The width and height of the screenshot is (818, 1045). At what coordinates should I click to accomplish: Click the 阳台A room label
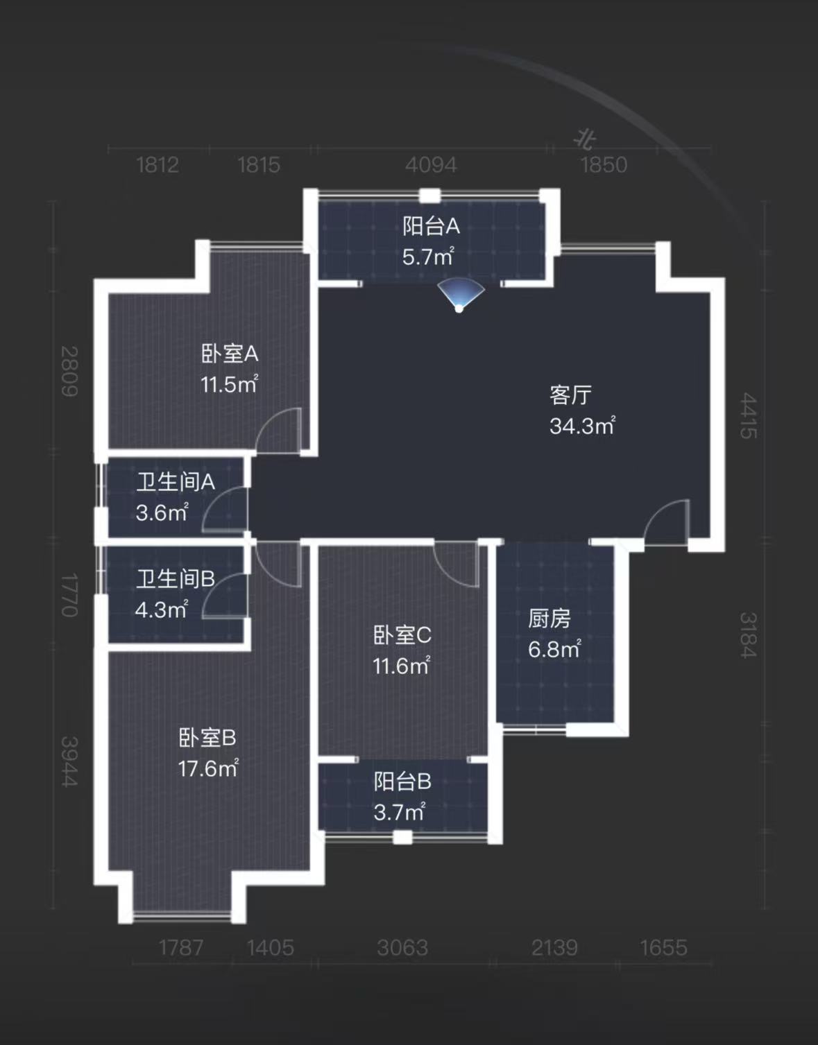pos(431,226)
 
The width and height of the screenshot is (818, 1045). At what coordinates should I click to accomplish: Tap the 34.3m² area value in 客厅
pos(582,426)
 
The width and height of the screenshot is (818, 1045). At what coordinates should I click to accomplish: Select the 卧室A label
pos(230,354)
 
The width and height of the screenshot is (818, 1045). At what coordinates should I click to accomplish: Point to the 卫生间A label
pos(176,482)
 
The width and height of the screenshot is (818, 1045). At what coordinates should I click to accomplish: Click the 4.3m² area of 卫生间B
pos(161,610)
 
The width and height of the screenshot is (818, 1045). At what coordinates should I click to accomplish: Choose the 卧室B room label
pos(207,738)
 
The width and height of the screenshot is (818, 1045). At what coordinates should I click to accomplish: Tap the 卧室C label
pos(402,635)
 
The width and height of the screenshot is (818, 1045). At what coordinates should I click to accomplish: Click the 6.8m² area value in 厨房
pos(554,650)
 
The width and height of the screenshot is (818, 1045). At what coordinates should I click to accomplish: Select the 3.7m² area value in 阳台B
pos(399,812)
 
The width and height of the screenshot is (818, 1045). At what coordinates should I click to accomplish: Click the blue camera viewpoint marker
pos(460,295)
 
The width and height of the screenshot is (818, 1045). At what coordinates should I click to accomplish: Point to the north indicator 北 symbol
pos(586,139)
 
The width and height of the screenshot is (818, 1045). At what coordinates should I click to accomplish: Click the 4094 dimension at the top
pos(431,165)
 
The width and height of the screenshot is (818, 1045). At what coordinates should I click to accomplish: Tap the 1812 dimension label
pos(157,165)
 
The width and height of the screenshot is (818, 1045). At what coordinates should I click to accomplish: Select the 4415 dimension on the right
pos(748,415)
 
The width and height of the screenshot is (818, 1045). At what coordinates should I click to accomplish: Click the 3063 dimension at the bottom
pos(402,948)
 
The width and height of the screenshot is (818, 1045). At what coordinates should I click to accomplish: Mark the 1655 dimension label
pos(663,948)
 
